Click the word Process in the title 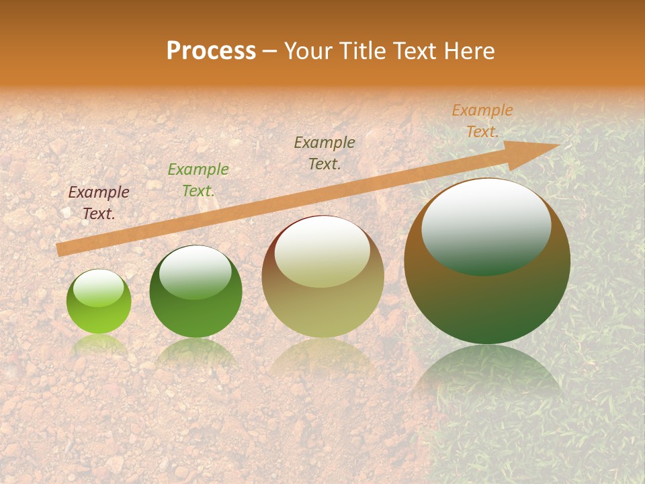[211, 51]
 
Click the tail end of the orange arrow [60, 249]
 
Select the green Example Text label [198, 180]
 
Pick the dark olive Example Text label [325, 153]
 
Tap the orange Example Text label [482, 120]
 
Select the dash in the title [269, 51]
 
